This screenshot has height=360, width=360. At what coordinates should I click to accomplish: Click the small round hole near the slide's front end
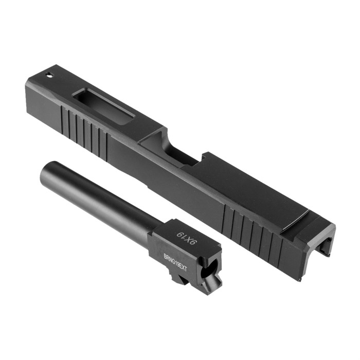tap(49, 75)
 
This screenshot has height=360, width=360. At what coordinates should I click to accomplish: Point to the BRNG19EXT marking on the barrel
tap(175, 262)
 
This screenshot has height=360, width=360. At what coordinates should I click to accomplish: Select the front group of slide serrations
tap(84, 132)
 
